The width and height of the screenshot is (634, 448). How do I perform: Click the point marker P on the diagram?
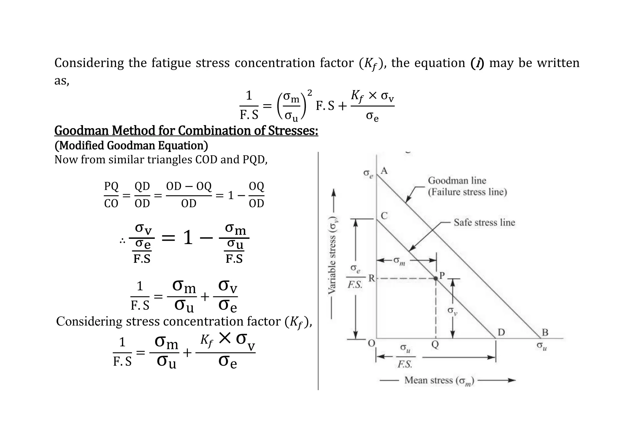click(x=436, y=278)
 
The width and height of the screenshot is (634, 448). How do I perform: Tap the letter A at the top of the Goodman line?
click(x=384, y=170)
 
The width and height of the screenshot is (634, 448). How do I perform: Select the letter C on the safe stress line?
click(x=384, y=216)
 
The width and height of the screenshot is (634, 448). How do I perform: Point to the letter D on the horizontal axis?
click(x=501, y=332)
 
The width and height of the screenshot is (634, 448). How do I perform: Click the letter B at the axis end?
click(x=545, y=332)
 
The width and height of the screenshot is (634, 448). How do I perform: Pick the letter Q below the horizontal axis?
click(x=435, y=344)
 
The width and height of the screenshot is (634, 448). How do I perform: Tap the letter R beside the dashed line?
click(x=371, y=278)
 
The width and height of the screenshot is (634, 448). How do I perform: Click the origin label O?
click(x=371, y=343)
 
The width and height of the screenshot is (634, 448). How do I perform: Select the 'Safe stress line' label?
click(x=484, y=222)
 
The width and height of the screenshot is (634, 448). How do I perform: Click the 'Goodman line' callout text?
click(x=457, y=180)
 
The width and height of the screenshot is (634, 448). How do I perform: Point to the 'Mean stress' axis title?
click(x=439, y=380)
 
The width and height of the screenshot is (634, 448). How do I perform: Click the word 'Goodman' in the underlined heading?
click(x=82, y=131)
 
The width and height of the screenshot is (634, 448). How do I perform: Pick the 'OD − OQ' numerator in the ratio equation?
click(x=189, y=186)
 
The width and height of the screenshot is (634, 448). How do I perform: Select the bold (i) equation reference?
click(x=477, y=63)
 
